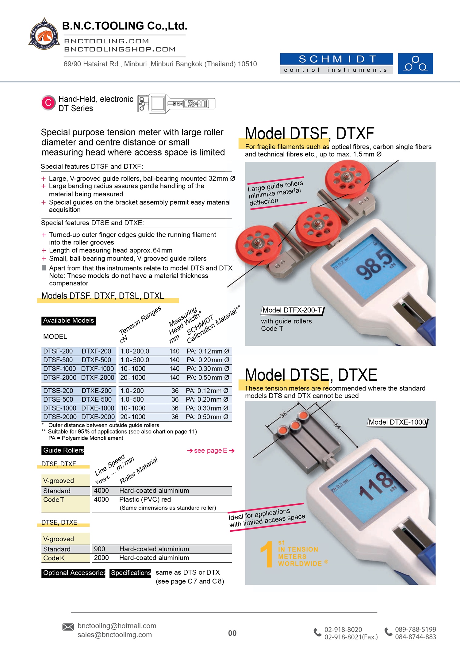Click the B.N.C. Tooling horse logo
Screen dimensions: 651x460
44,34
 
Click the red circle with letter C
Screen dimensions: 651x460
48,102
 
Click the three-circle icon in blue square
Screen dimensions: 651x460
415,64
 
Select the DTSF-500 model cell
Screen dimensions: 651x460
58,360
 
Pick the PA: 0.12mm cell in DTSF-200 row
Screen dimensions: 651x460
208,351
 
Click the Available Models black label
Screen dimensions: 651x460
69,321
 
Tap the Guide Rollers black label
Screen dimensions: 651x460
63,450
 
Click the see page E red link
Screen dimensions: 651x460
211,450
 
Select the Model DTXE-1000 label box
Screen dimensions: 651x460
397,422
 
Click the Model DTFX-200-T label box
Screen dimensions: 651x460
292,310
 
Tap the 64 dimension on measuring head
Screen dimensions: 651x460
337,426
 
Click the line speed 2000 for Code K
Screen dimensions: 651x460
101,558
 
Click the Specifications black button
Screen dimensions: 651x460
131,573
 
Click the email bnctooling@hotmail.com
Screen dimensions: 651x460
117,626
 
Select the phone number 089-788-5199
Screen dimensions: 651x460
416,629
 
